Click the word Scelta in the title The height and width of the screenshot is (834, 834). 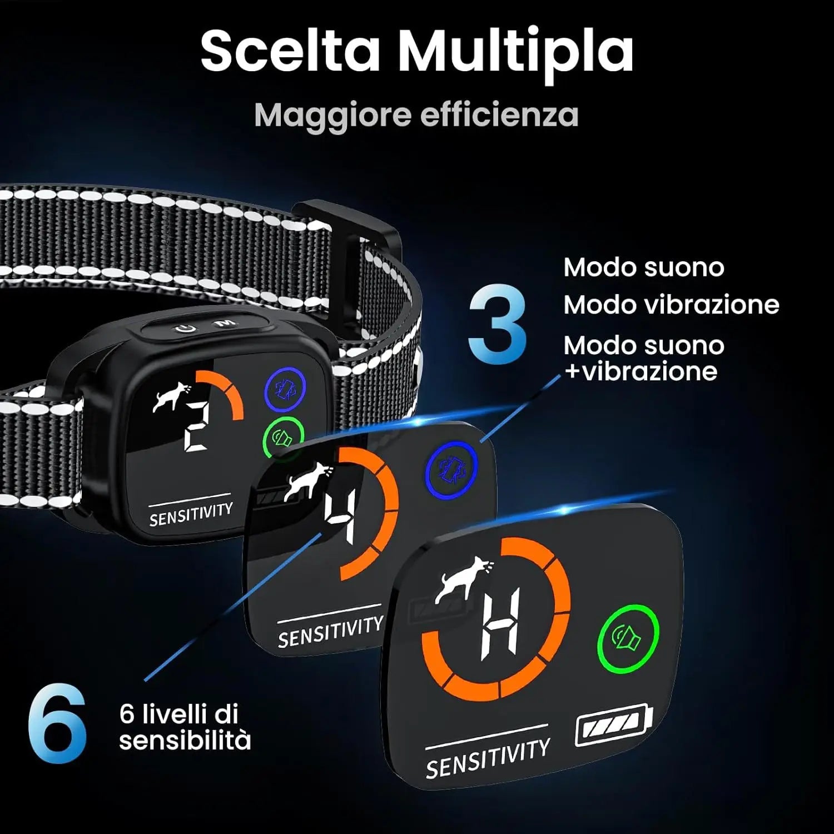(290, 51)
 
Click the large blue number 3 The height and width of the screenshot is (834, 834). (497, 325)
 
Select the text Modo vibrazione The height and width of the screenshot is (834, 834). (671, 305)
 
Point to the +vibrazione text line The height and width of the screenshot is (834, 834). (641, 371)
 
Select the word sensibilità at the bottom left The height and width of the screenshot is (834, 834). (185, 741)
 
